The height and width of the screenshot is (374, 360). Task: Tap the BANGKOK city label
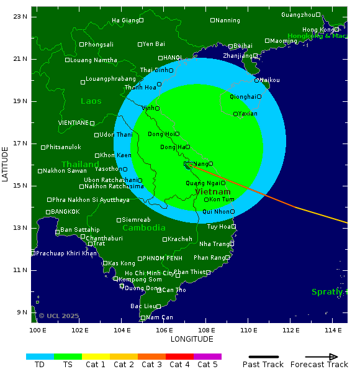pos(65,212)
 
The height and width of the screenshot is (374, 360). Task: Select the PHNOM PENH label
pos(163,258)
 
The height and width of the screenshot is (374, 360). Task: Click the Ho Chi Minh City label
pos(149,273)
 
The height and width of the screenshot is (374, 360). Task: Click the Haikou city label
pos(270,80)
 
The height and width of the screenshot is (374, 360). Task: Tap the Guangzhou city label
pos(298,15)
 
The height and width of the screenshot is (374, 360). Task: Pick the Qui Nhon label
pos(216,212)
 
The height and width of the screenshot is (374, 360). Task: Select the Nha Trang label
pos(214,244)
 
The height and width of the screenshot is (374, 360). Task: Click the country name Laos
pos(91,101)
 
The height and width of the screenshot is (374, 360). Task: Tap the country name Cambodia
pos(144,228)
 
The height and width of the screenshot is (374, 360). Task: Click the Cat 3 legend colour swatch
pos(151,357)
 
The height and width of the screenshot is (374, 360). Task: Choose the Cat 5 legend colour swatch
pos(207,357)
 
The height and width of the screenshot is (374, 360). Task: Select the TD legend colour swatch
pos(40,357)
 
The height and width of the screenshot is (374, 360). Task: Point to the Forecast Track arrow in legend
pos(323,357)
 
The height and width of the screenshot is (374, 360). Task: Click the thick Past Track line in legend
pos(263,357)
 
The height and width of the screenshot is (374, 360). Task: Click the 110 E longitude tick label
pos(249,330)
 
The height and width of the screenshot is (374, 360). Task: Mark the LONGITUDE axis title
pos(192,339)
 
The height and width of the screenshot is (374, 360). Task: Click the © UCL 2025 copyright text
pos(59,316)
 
